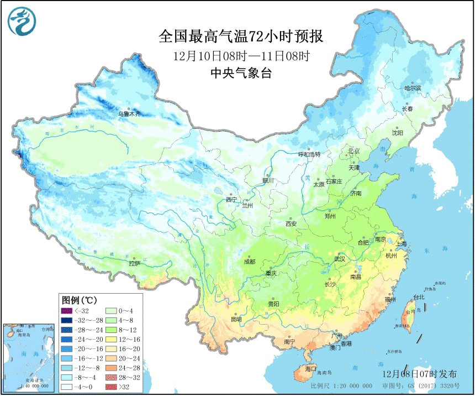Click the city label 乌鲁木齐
point(129,114)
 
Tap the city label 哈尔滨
point(412,88)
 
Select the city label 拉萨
point(134,264)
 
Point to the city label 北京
point(353,151)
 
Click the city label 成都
point(249,262)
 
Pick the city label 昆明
point(236,319)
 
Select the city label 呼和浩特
point(309,154)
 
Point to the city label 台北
point(419,297)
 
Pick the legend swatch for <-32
point(66,311)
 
